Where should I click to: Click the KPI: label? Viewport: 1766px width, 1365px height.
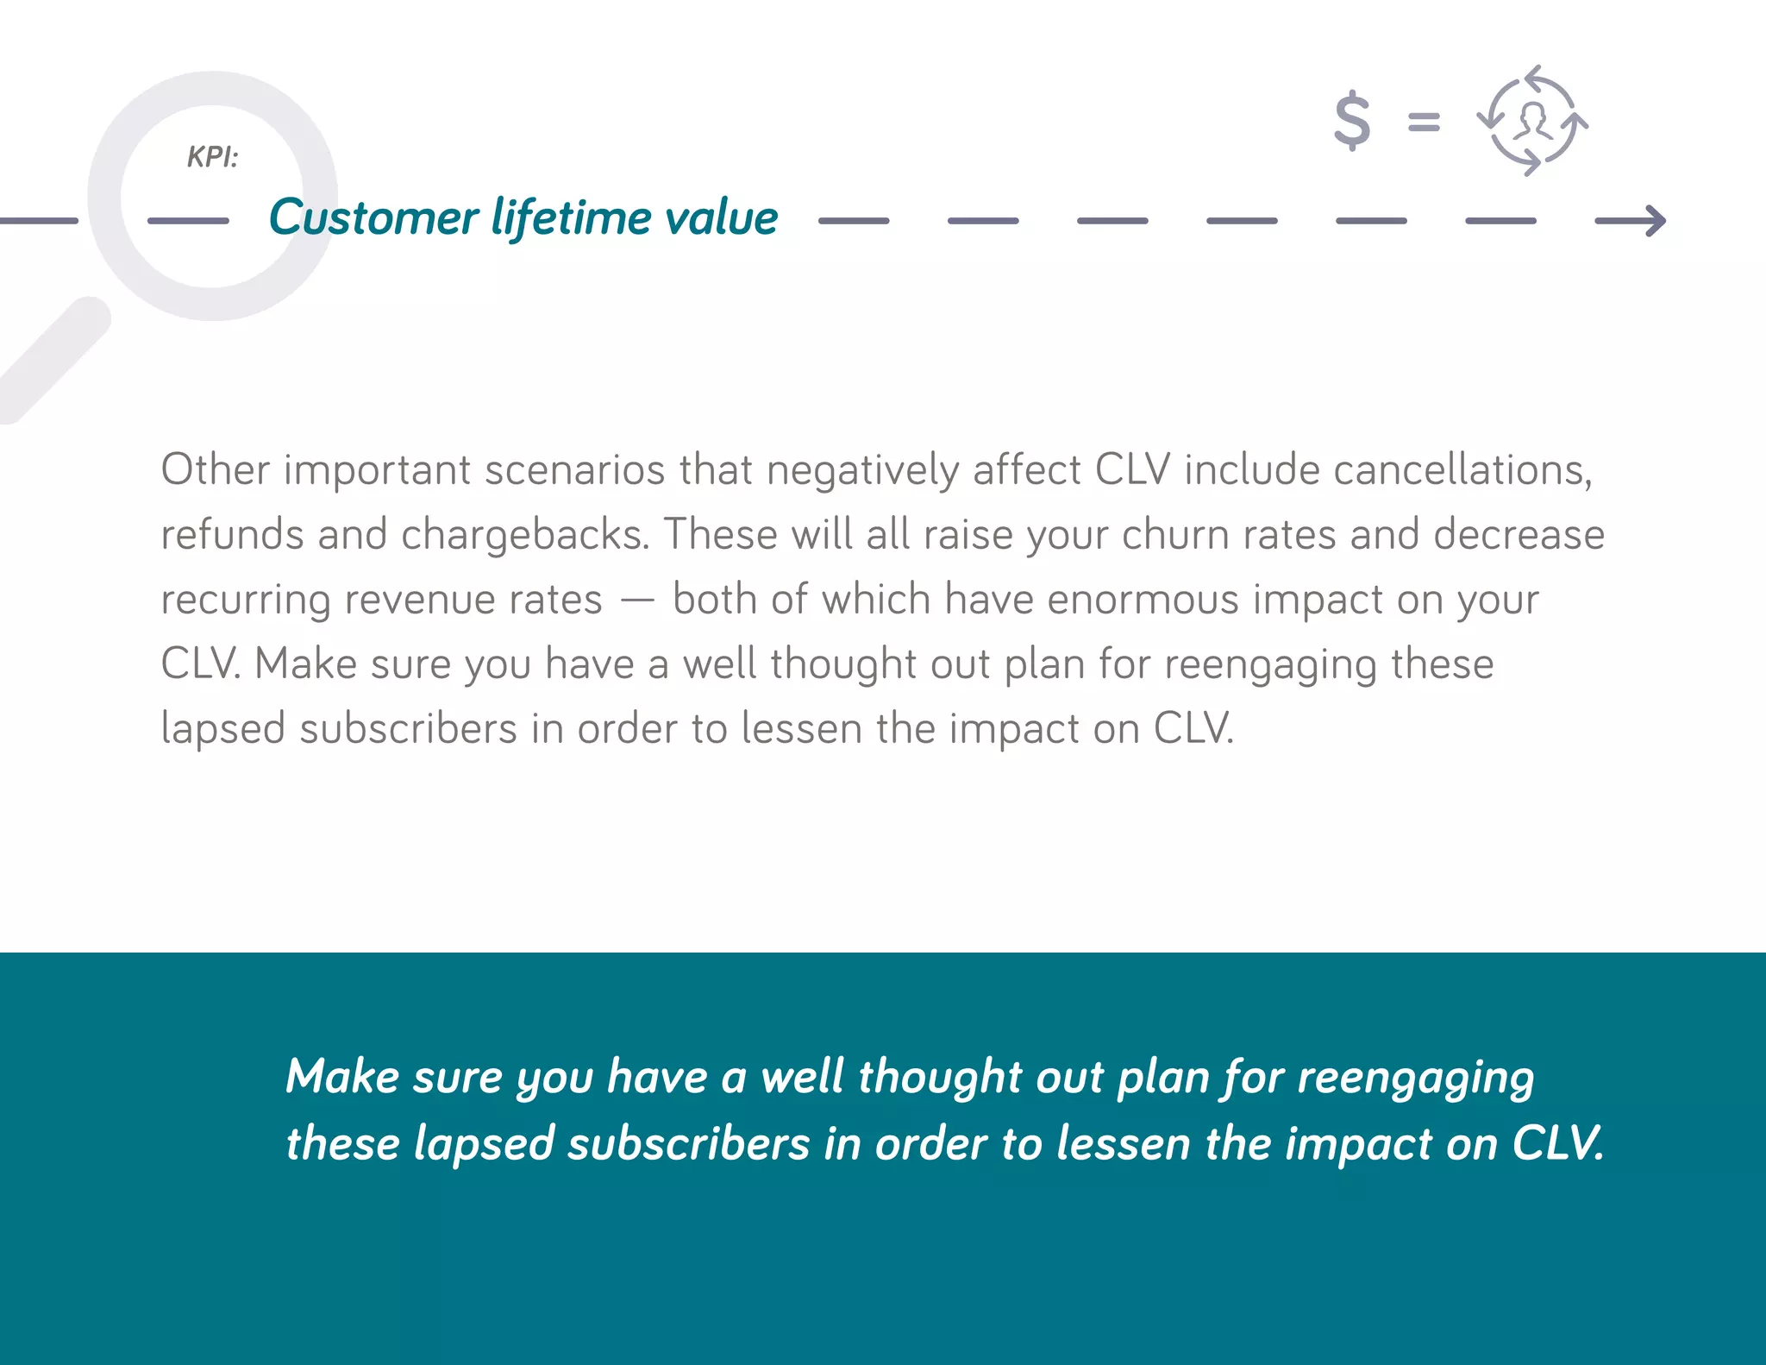212,157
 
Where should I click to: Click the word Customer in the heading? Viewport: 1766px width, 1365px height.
373,217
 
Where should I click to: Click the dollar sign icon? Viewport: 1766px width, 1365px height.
1351,121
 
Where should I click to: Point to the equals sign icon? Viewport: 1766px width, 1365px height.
1424,122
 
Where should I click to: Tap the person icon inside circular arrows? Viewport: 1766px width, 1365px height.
1533,122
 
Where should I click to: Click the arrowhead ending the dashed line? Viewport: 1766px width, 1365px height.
1649,221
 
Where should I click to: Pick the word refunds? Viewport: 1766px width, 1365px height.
232,535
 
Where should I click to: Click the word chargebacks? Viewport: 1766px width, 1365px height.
524,535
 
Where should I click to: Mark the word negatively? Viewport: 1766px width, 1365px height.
861,471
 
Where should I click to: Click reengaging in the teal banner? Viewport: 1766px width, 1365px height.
1415,1079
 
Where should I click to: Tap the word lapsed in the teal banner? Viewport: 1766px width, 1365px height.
483,1145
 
